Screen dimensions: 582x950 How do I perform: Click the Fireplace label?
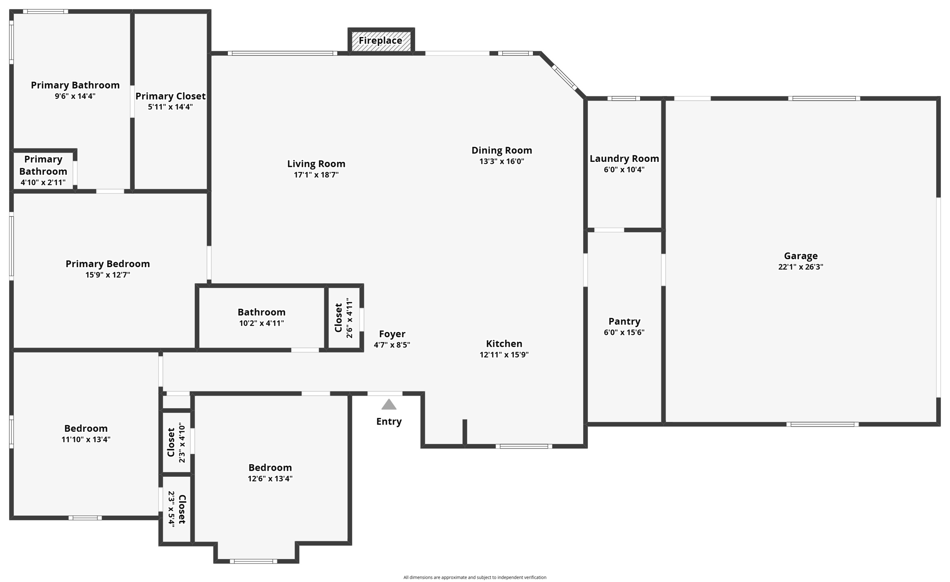point(380,41)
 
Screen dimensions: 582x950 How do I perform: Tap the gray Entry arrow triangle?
point(389,405)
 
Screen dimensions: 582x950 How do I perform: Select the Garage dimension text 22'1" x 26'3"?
point(801,267)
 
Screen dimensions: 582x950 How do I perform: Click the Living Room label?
point(316,164)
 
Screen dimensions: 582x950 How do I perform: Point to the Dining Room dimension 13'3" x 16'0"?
point(501,161)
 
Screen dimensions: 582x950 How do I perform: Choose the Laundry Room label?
point(624,159)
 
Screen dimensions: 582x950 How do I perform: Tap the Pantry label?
point(624,321)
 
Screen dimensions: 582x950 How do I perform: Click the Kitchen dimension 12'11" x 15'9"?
point(504,355)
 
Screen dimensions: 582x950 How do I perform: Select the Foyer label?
point(392,334)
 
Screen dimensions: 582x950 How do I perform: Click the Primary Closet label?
point(170,96)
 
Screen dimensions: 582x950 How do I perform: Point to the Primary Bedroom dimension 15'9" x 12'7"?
point(108,275)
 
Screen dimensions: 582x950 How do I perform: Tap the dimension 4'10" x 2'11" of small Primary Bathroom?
point(43,183)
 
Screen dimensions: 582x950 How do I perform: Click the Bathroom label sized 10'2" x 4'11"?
point(261,312)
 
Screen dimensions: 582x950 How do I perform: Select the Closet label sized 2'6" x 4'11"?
point(339,318)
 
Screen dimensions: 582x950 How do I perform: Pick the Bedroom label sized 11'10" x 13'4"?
point(86,429)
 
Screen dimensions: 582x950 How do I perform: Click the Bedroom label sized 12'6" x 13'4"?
point(270,467)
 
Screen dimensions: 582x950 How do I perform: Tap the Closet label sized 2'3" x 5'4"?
point(182,509)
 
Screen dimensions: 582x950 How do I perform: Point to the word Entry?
point(389,422)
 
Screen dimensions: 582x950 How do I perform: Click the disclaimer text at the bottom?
point(475,577)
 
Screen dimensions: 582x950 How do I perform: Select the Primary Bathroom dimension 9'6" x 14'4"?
point(75,96)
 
